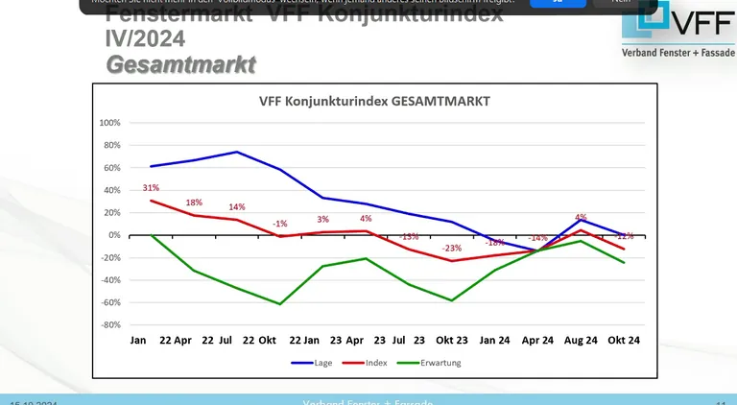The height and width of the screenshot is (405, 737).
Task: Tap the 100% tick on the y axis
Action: click(x=108, y=124)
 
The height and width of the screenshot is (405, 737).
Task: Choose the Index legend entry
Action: click(x=369, y=363)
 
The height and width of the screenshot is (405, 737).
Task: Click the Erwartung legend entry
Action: click(x=434, y=363)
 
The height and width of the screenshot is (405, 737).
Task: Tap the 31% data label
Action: click(x=151, y=188)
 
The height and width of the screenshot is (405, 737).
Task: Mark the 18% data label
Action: click(x=194, y=202)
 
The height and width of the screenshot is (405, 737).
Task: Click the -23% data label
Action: click(x=452, y=249)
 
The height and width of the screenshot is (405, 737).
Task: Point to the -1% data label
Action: click(x=279, y=224)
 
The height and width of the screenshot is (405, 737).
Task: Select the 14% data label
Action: click(x=237, y=207)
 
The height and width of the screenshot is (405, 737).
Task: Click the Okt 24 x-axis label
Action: click(x=624, y=341)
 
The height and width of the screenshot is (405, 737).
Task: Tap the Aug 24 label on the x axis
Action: click(x=581, y=341)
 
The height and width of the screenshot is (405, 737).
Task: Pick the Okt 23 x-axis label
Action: click(x=452, y=341)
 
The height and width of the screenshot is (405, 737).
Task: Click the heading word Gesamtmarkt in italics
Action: click(x=180, y=65)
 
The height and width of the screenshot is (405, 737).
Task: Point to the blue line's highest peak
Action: click(x=237, y=152)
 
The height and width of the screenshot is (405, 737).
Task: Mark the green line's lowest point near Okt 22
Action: click(x=280, y=304)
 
